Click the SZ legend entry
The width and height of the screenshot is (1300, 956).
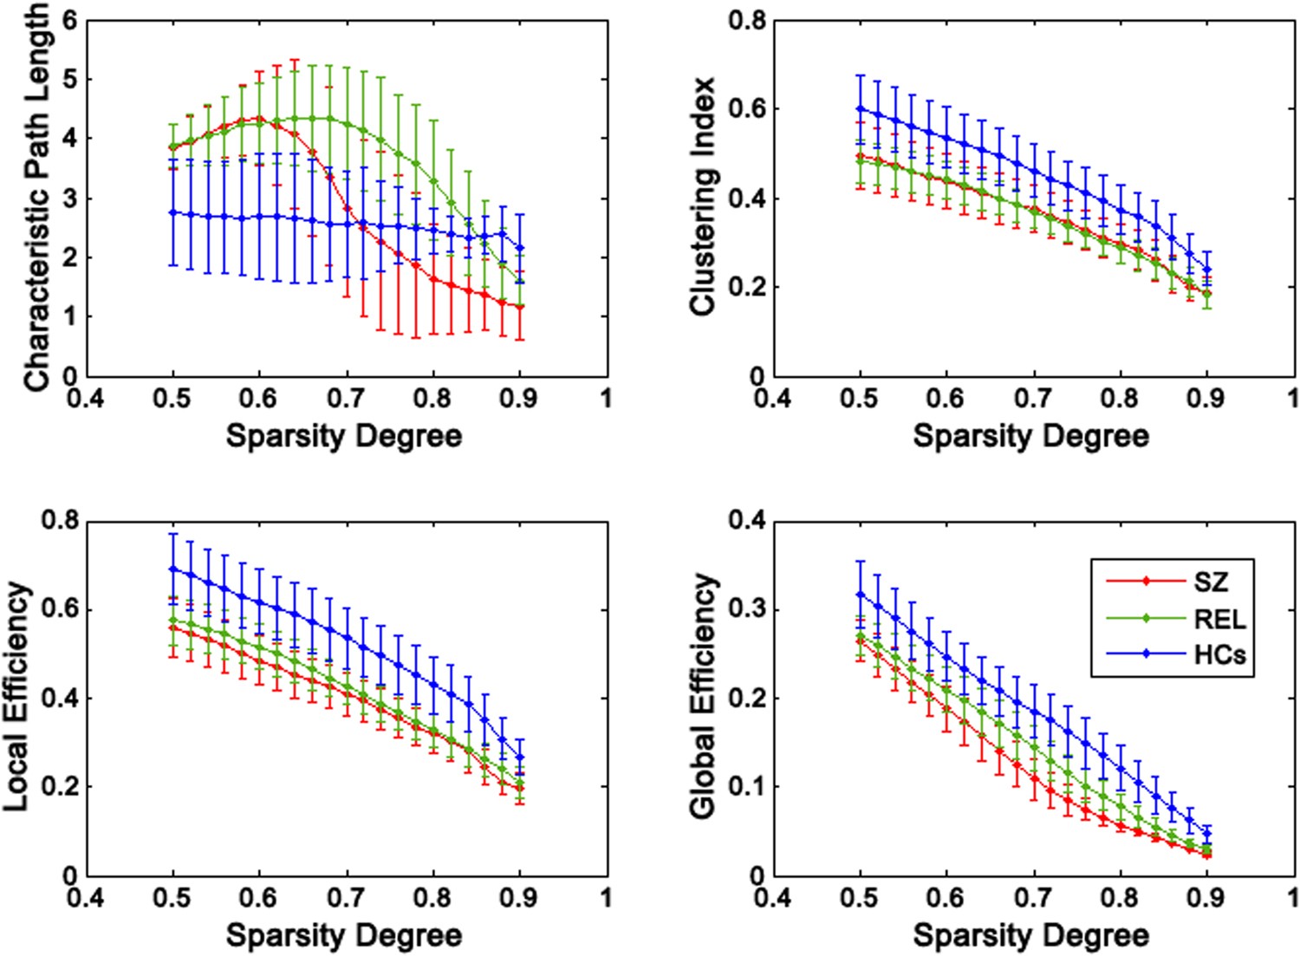(x=1210, y=581)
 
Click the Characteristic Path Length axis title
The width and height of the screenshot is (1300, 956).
(x=36, y=198)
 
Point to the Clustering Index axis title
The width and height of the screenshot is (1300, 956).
(x=702, y=198)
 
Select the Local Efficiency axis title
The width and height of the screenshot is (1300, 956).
(x=17, y=697)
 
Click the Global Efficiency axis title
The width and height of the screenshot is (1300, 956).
(x=702, y=697)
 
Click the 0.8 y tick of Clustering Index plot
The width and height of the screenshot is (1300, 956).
(x=747, y=21)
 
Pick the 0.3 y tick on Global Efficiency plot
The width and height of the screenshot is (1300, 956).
(x=747, y=609)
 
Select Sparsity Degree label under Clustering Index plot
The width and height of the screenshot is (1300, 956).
(x=1030, y=435)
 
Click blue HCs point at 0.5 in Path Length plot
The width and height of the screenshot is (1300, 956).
(x=172, y=212)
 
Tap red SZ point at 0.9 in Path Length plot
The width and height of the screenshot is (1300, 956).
(x=520, y=308)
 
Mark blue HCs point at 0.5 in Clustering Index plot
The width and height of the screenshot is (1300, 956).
(x=860, y=108)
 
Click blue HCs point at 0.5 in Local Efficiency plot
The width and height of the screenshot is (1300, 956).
(x=172, y=569)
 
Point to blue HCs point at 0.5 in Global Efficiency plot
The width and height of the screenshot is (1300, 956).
(x=860, y=594)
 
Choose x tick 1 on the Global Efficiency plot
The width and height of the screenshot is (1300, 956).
(x=1292, y=897)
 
